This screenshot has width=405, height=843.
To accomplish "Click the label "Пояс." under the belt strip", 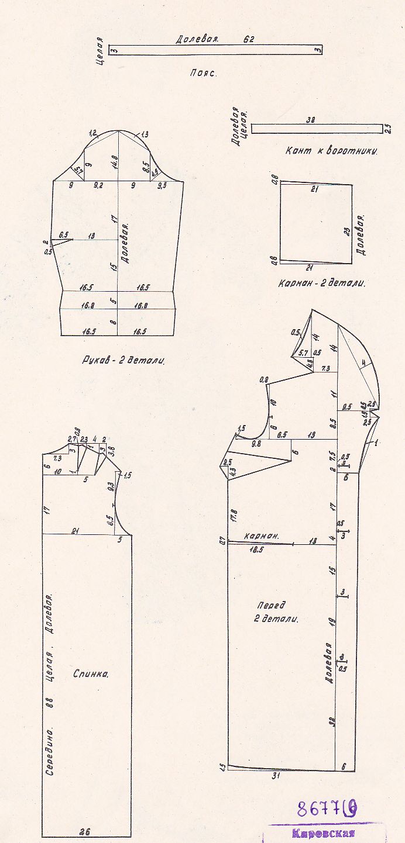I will (x=203, y=74).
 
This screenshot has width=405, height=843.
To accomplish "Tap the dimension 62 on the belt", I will (x=249, y=40).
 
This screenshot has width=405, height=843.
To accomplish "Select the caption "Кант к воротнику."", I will (x=331, y=151).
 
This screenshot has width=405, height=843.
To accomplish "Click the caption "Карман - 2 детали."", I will (x=322, y=284).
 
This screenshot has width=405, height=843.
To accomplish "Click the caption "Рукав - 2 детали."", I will (x=123, y=361).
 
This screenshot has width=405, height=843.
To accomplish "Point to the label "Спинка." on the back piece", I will (x=91, y=673).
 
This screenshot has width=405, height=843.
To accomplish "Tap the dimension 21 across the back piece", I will (x=75, y=530).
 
